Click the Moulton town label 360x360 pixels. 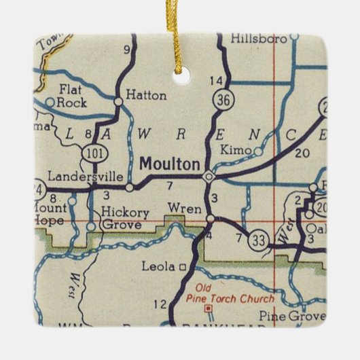[x=170, y=164]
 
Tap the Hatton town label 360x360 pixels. [x=146, y=96]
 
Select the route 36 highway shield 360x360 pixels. [x=221, y=100]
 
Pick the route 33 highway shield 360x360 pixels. [x=257, y=239]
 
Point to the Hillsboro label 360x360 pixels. [x=258, y=39]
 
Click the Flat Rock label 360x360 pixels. [x=71, y=95]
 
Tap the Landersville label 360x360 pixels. [x=65, y=174]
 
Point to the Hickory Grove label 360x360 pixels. [x=122, y=217]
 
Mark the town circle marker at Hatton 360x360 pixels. [x=118, y=101]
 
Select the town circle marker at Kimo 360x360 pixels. [x=257, y=151]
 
